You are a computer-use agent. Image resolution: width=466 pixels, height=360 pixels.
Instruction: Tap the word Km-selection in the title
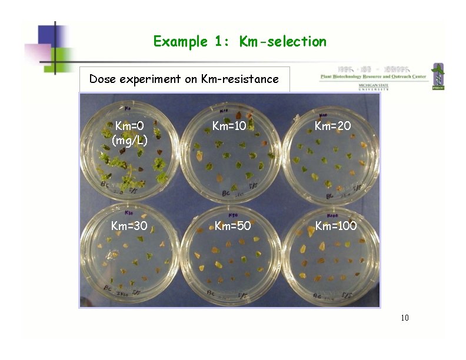pyautogui.click(x=282, y=42)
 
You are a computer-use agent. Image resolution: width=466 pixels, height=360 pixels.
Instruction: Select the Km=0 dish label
pyautogui.click(x=129, y=126)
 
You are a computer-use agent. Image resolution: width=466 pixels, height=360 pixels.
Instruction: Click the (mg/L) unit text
pyautogui.click(x=129, y=141)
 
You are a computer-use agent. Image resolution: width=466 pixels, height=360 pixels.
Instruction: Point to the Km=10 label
pyautogui.click(x=229, y=126)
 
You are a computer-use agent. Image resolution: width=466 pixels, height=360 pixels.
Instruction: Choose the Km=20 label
pyautogui.click(x=332, y=126)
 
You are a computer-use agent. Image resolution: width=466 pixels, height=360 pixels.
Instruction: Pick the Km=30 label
pyautogui.click(x=129, y=226)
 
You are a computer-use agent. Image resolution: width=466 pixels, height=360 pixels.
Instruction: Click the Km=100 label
pyautogui.click(x=335, y=226)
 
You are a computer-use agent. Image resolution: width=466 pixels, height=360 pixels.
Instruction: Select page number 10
pyautogui.click(x=404, y=318)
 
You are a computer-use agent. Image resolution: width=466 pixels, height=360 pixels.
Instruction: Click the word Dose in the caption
pyautogui.click(x=102, y=79)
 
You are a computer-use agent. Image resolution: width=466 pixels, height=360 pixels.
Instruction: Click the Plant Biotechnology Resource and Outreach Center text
pyautogui.click(x=374, y=76)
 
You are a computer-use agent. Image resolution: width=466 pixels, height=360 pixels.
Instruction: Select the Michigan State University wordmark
pyautogui.click(x=372, y=87)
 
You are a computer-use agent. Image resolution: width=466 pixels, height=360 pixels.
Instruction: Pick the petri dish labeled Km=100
pyautogui.click(x=331, y=256)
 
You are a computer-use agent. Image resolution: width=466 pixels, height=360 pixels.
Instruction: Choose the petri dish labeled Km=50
pyautogui.click(x=229, y=256)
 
